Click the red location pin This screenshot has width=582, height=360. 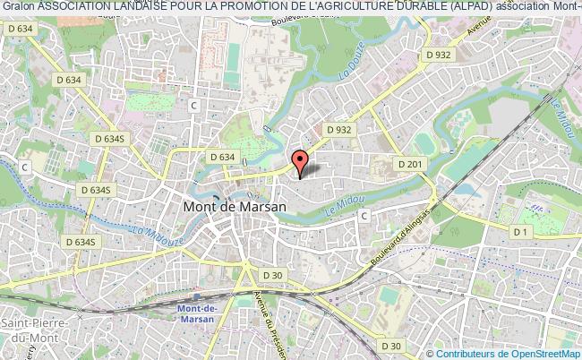[300, 162]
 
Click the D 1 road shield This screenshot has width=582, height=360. [521, 232]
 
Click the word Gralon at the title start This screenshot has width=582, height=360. [18, 7]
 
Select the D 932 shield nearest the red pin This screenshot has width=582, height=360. [338, 129]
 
